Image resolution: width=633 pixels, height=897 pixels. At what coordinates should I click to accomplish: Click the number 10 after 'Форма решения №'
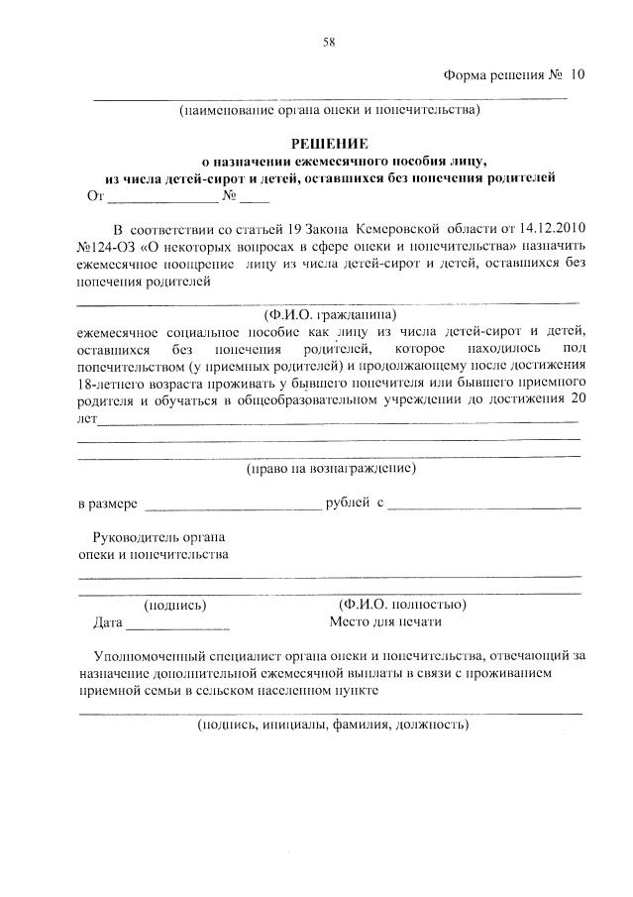point(578,75)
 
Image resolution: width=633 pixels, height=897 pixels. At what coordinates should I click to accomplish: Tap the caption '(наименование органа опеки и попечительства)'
point(329,110)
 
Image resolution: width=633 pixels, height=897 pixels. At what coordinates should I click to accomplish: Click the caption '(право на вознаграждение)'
point(331,467)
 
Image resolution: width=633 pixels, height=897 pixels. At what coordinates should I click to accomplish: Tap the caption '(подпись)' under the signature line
point(175,604)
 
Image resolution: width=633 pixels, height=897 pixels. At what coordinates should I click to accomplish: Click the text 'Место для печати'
point(384,622)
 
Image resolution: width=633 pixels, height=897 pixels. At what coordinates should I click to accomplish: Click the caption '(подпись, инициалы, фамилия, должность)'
point(331,725)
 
